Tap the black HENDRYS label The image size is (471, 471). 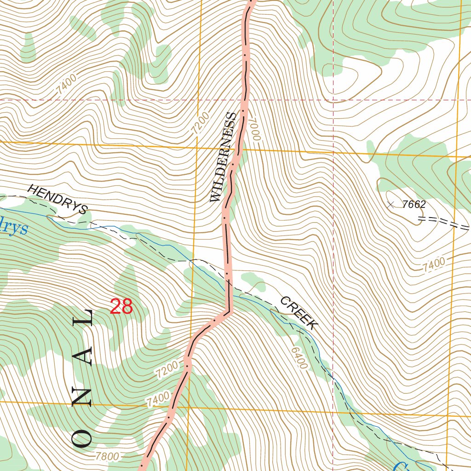57,200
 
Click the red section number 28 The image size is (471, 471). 121,307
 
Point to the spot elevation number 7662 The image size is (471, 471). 414,205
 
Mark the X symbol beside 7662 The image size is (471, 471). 391,205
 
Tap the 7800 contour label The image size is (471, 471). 108,457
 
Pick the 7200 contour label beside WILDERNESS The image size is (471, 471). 201,123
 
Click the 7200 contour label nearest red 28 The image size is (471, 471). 166,370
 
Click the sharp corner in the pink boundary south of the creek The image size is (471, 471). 230,312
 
